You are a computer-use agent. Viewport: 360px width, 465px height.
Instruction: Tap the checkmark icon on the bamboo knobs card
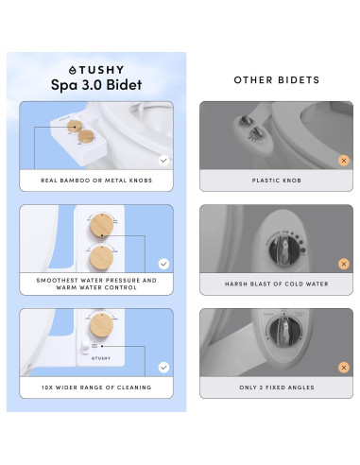point(163,161)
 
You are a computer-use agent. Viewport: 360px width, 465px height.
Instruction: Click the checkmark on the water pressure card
point(163,264)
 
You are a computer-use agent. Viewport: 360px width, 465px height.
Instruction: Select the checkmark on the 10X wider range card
point(163,367)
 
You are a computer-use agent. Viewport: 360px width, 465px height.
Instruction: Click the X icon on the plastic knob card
point(343,161)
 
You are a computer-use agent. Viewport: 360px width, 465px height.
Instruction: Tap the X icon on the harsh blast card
point(343,264)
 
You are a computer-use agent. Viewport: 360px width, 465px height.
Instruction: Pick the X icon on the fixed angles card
point(343,367)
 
